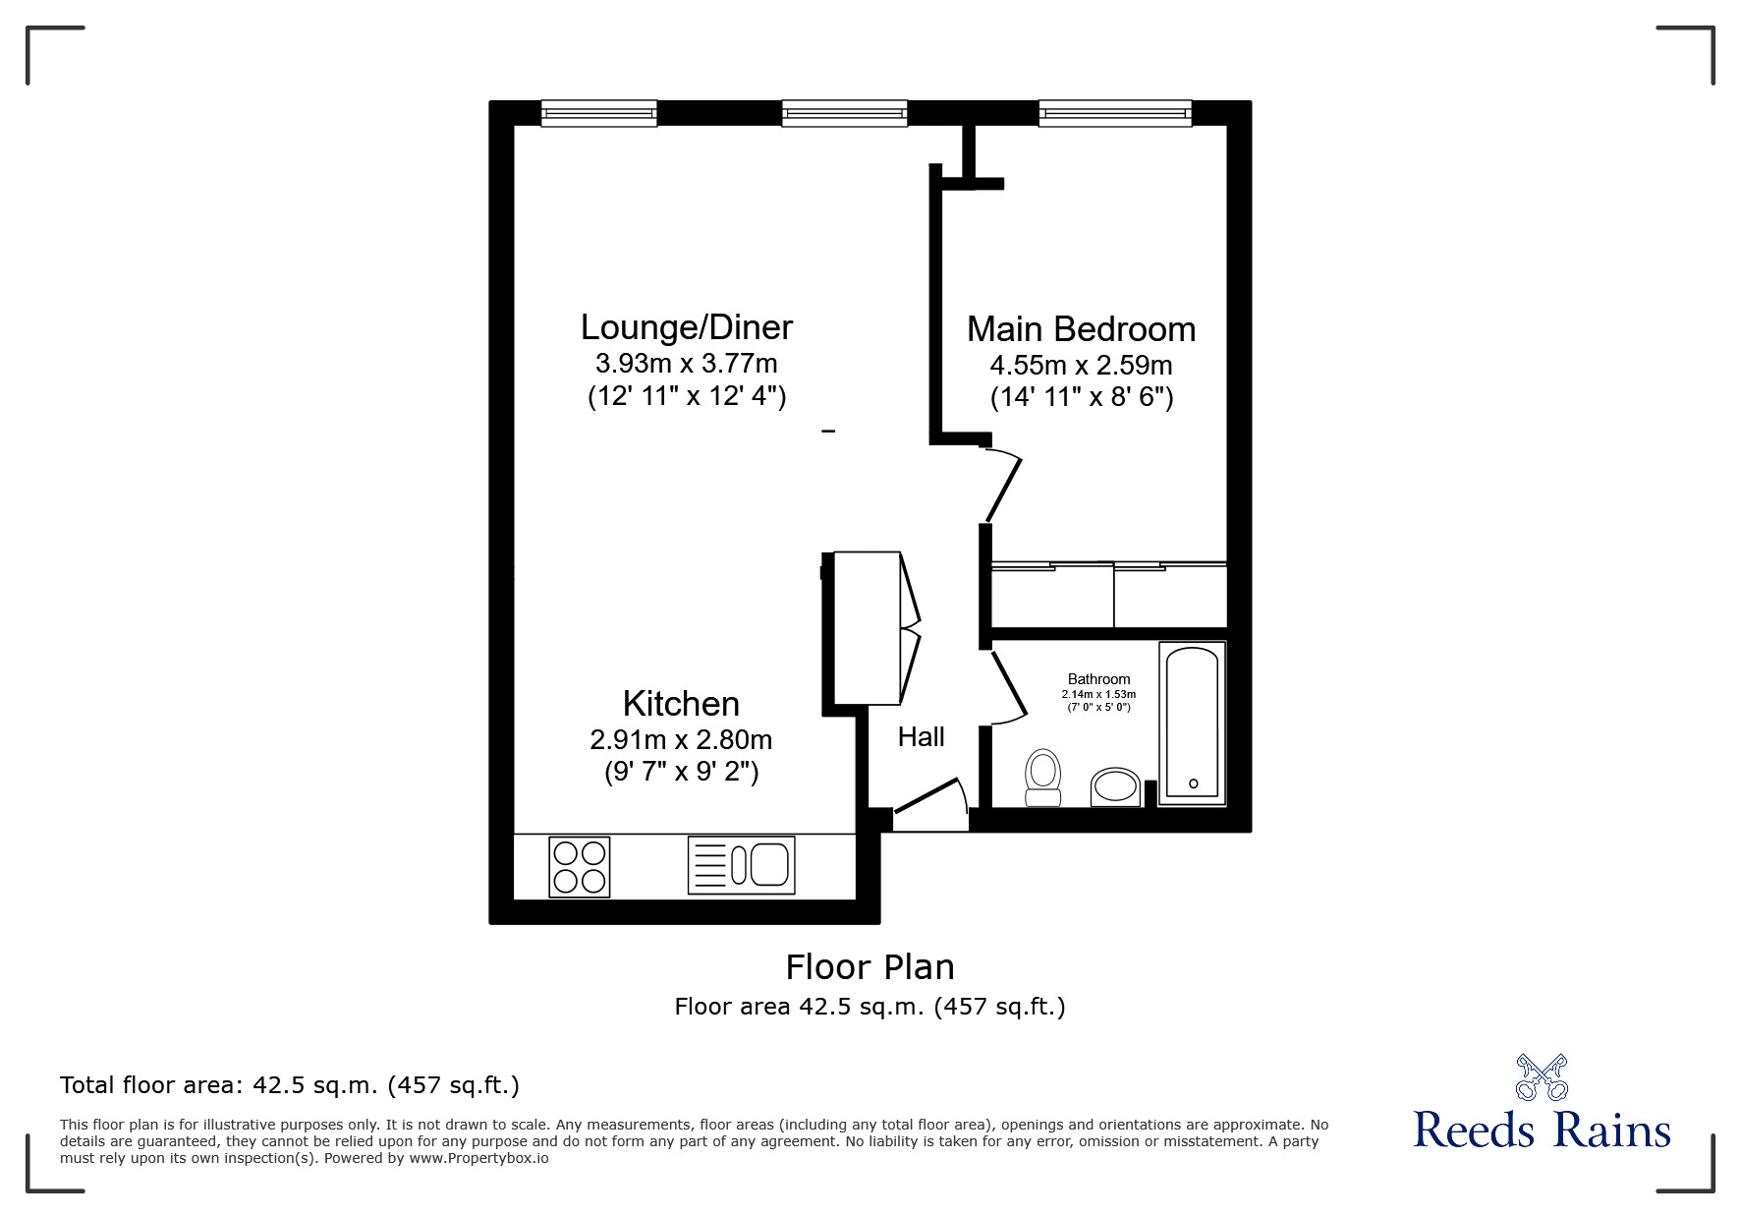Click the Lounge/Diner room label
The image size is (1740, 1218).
pyautogui.click(x=686, y=327)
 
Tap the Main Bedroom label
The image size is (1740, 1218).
pyautogui.click(x=1081, y=329)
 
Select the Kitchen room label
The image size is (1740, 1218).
pyautogui.click(x=681, y=704)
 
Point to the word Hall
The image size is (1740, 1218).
pyautogui.click(x=922, y=737)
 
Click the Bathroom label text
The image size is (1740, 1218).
pyautogui.click(x=1098, y=679)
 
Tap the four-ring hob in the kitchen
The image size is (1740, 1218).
pyautogui.click(x=580, y=866)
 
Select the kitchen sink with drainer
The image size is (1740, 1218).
pyautogui.click(x=741, y=865)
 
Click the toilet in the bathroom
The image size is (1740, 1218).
pyautogui.click(x=1042, y=778)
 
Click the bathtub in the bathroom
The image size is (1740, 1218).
pyautogui.click(x=1193, y=724)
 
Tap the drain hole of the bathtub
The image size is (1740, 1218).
pyautogui.click(x=1194, y=783)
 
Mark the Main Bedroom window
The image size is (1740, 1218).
pyautogui.click(x=1115, y=113)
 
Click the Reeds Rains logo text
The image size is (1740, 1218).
pyautogui.click(x=1542, y=1130)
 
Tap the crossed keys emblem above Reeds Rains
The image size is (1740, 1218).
pyautogui.click(x=1543, y=1076)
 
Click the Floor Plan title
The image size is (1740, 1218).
pyautogui.click(x=870, y=967)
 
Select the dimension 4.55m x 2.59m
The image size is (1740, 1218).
pyautogui.click(x=1081, y=366)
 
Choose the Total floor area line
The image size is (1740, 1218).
pyautogui.click(x=290, y=1085)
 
